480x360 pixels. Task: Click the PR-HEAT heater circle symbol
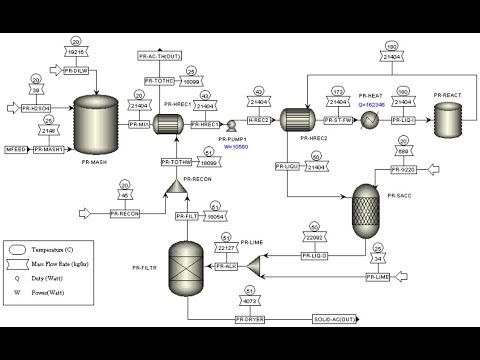368,121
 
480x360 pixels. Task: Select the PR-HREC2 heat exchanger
297,121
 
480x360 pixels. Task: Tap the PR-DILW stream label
78,70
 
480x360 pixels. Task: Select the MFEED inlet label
16,149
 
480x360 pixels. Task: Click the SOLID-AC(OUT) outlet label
332,319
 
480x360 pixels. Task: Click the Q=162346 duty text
369,103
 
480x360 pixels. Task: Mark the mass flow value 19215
78,50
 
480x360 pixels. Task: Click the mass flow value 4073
249,300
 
